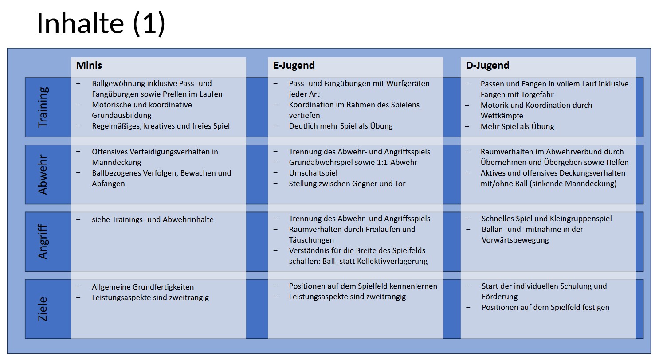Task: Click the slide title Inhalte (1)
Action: pyautogui.click(x=101, y=23)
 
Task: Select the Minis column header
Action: pyautogui.click(x=89, y=65)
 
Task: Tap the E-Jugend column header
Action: pyautogui.click(x=294, y=65)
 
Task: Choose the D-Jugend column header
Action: pyautogui.click(x=487, y=65)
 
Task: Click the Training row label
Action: pyautogui.click(x=43, y=107)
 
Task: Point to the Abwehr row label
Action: pyautogui.click(x=43, y=174)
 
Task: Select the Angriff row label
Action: pyautogui.click(x=43, y=242)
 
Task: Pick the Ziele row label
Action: pyautogui.click(x=43, y=309)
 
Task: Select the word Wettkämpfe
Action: pyautogui.click(x=502, y=116)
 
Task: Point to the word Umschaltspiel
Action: pyautogui.click(x=313, y=173)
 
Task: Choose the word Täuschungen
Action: pyautogui.click(x=311, y=240)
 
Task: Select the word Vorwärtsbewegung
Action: pyautogui.click(x=515, y=240)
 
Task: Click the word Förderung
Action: pyautogui.click(x=499, y=297)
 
